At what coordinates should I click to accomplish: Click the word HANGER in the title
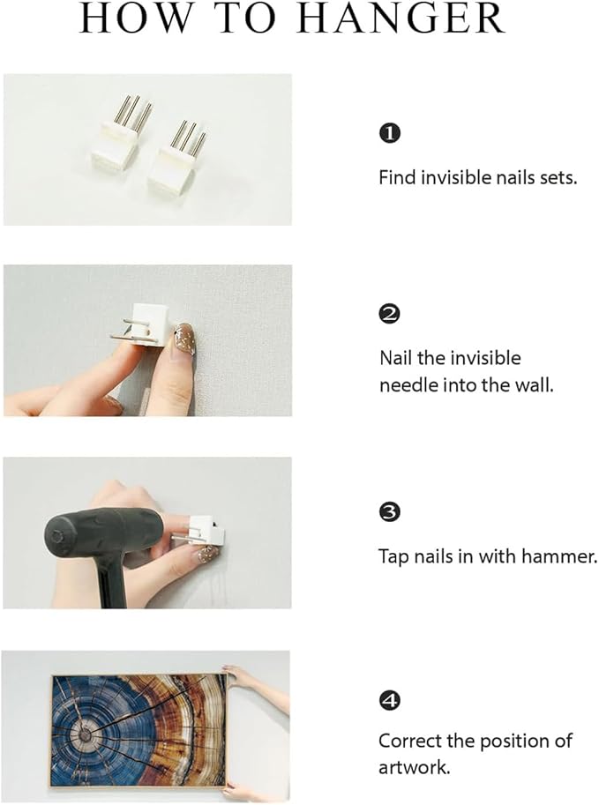pos(401,19)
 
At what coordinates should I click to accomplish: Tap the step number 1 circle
pos(389,133)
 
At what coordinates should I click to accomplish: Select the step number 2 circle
pos(389,313)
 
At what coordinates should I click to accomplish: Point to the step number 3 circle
pos(389,512)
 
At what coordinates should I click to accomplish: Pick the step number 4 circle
pos(389,700)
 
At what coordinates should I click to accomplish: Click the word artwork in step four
pos(414,767)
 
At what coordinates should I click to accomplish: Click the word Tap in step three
pos(393,556)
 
